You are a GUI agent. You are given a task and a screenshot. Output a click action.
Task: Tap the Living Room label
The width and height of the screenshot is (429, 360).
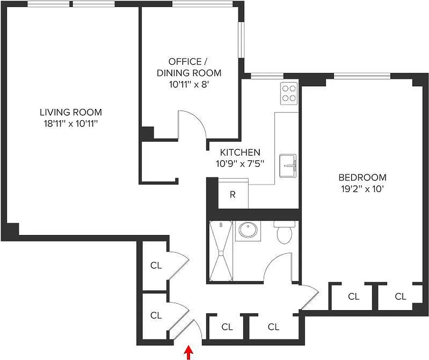[x=71, y=112]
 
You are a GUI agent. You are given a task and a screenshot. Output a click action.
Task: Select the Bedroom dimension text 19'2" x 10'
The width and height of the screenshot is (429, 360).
[x=362, y=189]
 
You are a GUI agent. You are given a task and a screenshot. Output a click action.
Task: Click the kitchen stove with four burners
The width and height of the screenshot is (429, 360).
[x=288, y=94]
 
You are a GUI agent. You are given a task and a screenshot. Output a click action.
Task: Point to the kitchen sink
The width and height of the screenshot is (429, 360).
[x=287, y=165]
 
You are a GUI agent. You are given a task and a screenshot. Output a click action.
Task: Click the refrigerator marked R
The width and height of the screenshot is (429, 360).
[x=233, y=194]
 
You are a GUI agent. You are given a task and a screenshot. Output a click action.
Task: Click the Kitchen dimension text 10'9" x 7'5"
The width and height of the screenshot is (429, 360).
[x=239, y=163]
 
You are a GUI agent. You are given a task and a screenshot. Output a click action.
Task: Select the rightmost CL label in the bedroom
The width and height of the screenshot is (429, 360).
[x=400, y=297]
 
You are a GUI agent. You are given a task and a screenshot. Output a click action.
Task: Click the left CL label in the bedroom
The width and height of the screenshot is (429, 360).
[x=353, y=297]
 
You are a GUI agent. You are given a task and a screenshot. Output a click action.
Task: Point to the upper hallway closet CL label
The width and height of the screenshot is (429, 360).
[x=156, y=265]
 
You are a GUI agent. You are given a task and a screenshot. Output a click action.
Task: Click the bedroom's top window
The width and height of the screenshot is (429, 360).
[x=362, y=76]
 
